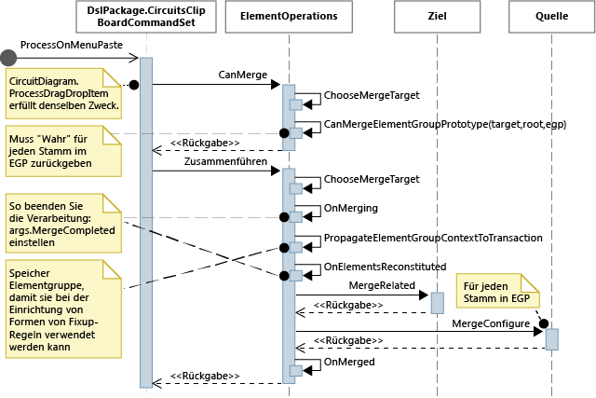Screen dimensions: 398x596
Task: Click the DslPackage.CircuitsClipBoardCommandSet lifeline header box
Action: pyautogui.click(x=146, y=16)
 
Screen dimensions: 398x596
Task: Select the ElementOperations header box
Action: pyautogui.click(x=289, y=16)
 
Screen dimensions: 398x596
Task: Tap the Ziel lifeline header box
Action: pyautogui.click(x=438, y=16)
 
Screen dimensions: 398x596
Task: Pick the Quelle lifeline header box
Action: pyautogui.click(x=551, y=16)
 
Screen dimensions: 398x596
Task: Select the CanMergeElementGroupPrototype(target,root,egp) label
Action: pyautogui.click(x=444, y=124)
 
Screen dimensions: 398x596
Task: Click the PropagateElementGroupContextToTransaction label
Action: pyautogui.click(x=432, y=238)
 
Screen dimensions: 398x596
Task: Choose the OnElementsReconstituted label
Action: pyautogui.click(x=384, y=267)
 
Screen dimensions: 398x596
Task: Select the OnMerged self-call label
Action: pyautogui.click(x=348, y=361)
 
